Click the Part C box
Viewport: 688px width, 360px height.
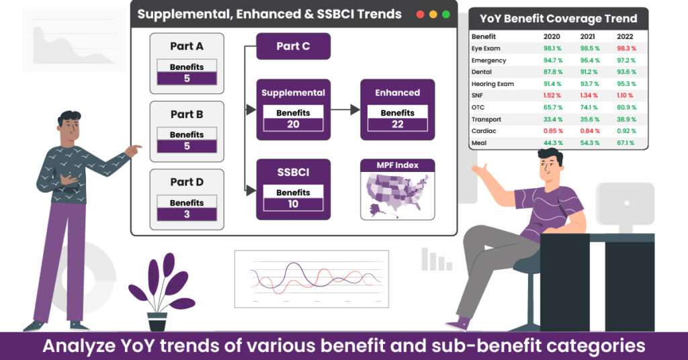click(x=293, y=46)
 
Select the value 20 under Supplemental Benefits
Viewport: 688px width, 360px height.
click(x=293, y=124)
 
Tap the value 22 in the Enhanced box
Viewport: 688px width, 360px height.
click(x=398, y=124)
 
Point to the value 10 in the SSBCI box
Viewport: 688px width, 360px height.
click(x=293, y=204)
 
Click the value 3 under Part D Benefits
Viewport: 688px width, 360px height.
click(x=187, y=214)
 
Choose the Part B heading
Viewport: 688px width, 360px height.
click(x=187, y=114)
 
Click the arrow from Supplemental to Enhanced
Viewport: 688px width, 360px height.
click(x=345, y=109)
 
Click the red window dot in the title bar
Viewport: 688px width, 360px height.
click(x=420, y=15)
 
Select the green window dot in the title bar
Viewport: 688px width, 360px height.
click(x=446, y=15)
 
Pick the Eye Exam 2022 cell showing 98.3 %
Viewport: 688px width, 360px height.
click(x=626, y=48)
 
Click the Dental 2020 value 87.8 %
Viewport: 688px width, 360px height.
click(x=553, y=72)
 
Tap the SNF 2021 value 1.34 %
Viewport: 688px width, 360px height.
click(x=589, y=95)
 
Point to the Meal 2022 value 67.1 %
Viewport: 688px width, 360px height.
click(x=626, y=143)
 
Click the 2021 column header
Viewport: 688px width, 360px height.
click(x=587, y=36)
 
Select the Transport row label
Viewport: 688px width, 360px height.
click(x=486, y=120)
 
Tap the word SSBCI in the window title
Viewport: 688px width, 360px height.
click(x=336, y=15)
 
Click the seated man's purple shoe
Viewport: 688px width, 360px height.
click(x=458, y=324)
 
